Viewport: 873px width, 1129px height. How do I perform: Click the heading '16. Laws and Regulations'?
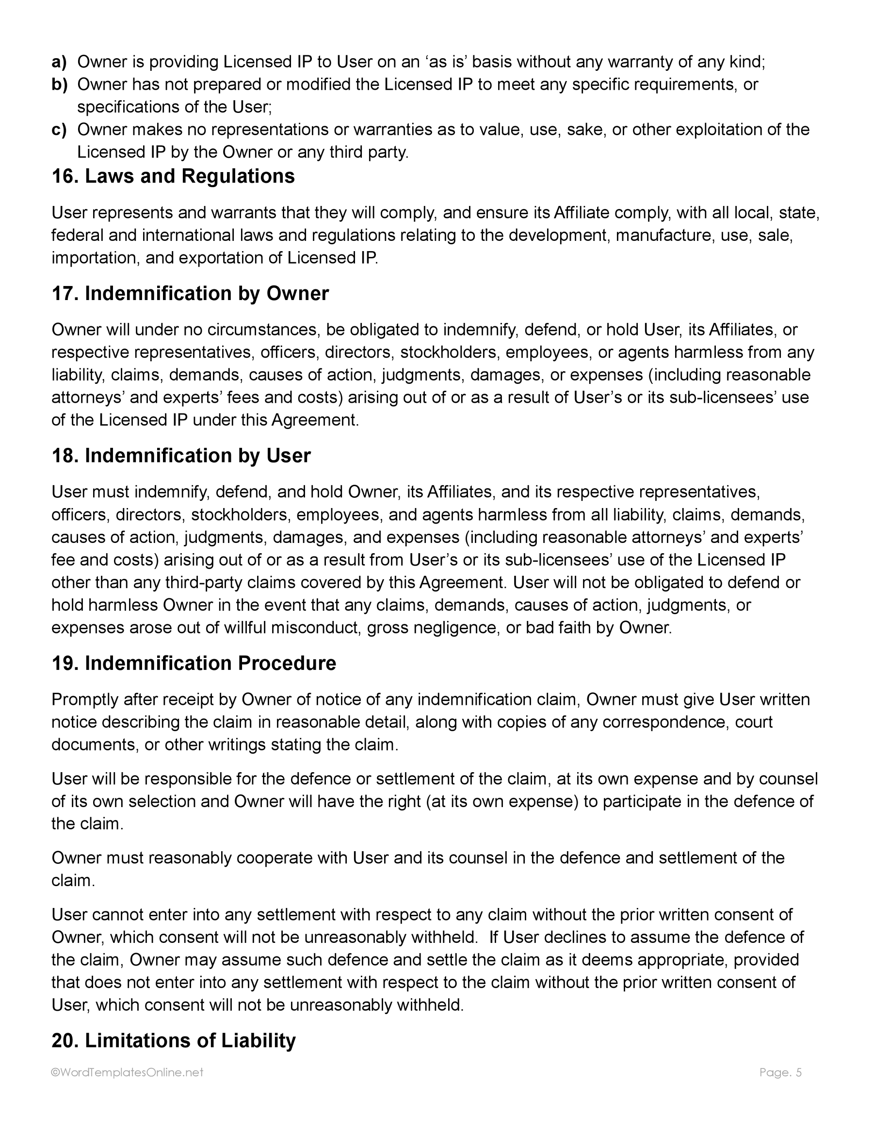[x=173, y=176]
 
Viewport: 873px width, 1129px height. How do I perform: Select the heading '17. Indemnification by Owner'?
[x=190, y=293]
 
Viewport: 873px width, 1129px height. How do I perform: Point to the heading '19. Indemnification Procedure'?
[x=194, y=663]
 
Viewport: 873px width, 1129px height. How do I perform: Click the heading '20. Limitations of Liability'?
[x=173, y=1040]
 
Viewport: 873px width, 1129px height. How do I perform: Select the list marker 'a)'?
[x=60, y=62]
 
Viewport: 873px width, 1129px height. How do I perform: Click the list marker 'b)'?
[x=60, y=84]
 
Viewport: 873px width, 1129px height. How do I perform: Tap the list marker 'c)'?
[x=60, y=129]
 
